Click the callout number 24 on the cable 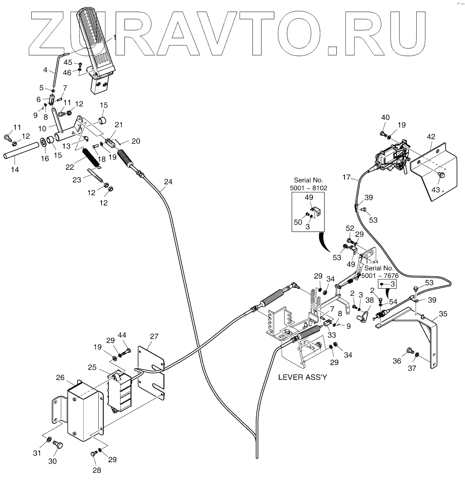pos(168,182)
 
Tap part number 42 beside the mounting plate pos(431,136)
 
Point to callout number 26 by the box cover pos(60,378)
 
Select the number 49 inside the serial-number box pos(309,197)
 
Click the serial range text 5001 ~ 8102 pos(309,188)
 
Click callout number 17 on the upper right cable pos(346,177)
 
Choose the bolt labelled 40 pos(383,133)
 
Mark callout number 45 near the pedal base pos(67,63)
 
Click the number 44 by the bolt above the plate pos(122,335)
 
